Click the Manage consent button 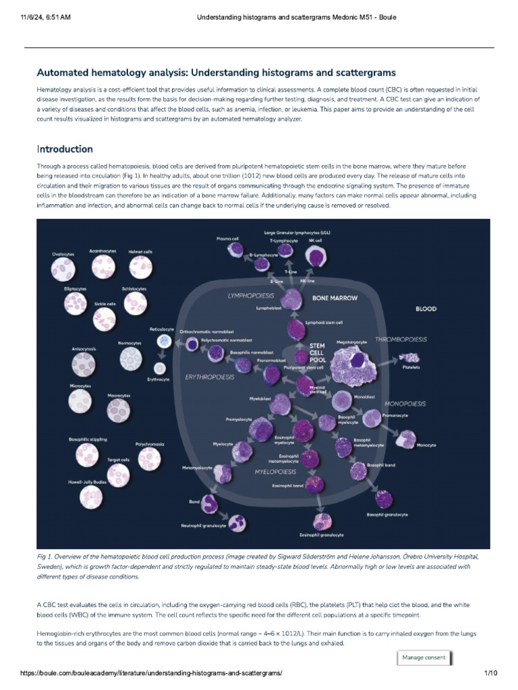tap(424, 658)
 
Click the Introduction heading tap(65, 149)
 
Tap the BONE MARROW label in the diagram tap(335, 297)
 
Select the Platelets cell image tap(411, 356)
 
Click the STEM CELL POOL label tap(317, 352)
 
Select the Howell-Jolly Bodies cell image tap(91, 497)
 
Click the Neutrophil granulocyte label tap(202, 526)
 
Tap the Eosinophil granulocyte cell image tap(321, 521)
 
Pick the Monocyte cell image tap(406, 439)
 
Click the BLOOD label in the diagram tap(426, 309)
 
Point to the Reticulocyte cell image tap(163, 342)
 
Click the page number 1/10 tap(490, 673)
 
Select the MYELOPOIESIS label tap(277, 472)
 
